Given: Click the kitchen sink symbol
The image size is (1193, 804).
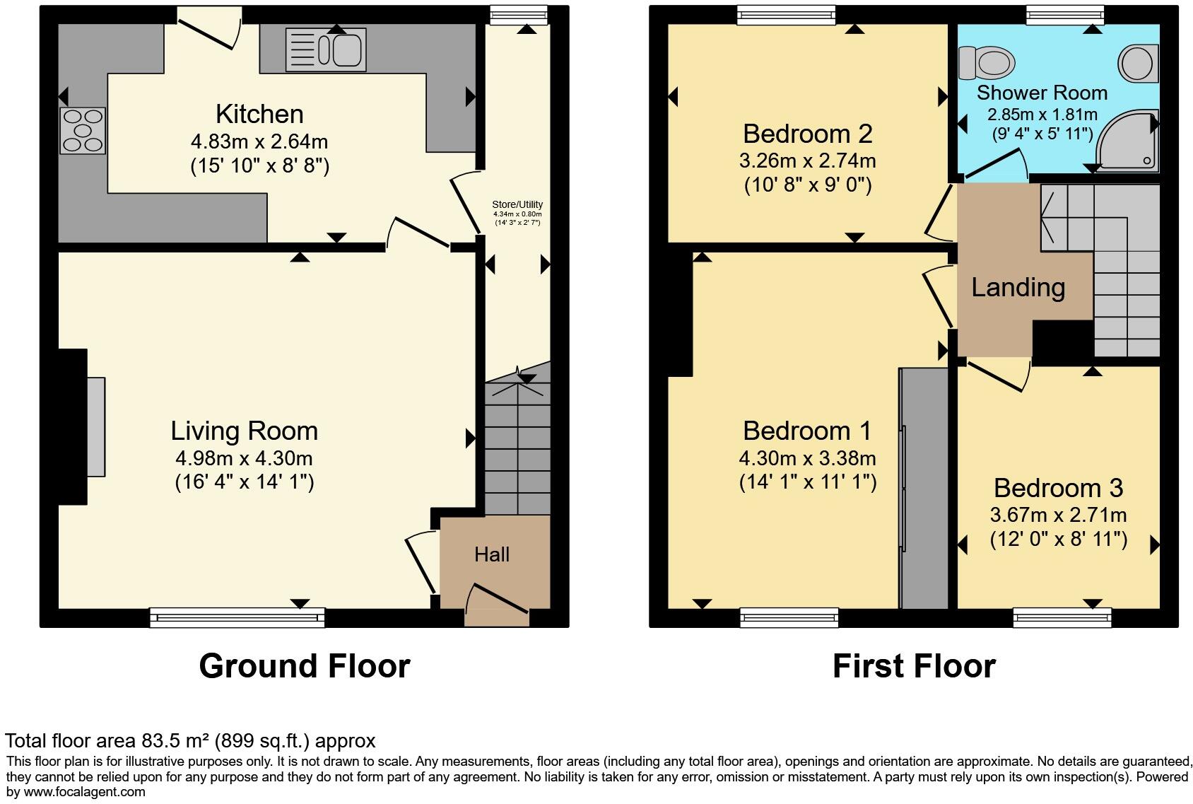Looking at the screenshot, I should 327,50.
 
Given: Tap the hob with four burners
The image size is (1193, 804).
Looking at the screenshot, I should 83,131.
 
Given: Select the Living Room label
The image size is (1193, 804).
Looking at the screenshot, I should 244,431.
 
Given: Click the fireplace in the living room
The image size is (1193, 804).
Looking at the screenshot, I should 95,426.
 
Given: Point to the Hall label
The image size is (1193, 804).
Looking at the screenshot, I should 492,554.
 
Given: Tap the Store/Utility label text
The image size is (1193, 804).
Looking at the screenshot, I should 517,204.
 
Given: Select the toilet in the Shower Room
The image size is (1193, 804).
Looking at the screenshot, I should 987,63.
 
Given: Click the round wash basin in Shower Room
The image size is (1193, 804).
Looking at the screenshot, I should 1138,62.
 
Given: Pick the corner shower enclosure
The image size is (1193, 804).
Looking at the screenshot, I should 1129,141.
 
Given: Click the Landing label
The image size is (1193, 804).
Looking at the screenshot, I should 1018,287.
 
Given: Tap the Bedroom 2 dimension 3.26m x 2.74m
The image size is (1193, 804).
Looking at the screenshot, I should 807,161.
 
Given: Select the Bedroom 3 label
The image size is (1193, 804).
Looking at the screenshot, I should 1058,488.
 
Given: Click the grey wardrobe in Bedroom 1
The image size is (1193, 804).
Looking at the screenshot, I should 924,488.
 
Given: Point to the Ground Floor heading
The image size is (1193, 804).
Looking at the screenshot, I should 304,666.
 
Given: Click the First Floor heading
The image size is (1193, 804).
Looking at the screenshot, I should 914,666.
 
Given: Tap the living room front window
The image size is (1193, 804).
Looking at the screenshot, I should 237,618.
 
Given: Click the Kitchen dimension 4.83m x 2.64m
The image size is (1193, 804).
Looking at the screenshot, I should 259,141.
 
